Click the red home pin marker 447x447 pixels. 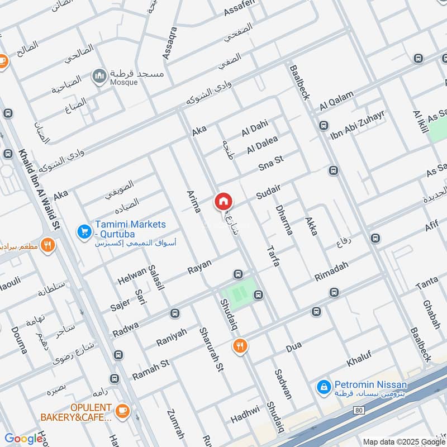click(222, 201)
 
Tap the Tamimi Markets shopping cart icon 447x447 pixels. click(84, 230)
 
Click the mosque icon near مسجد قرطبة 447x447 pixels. click(100, 77)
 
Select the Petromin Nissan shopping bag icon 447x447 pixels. click(323, 386)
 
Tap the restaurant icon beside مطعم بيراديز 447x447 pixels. click(49, 244)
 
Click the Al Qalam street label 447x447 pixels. click(337, 102)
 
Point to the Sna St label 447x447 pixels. click(271, 164)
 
